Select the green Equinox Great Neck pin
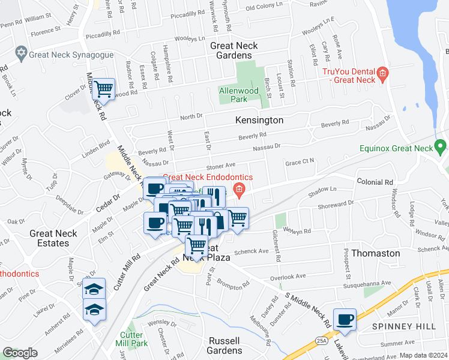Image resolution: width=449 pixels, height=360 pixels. [x=441, y=146]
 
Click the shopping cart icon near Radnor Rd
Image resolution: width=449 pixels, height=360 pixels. [x=104, y=89]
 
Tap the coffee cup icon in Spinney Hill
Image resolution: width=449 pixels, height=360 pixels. [x=345, y=319]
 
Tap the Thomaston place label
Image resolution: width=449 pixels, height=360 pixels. [x=375, y=253]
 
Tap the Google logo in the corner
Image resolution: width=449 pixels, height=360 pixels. [x=20, y=353]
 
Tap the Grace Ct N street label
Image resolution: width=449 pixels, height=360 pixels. [x=300, y=162]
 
